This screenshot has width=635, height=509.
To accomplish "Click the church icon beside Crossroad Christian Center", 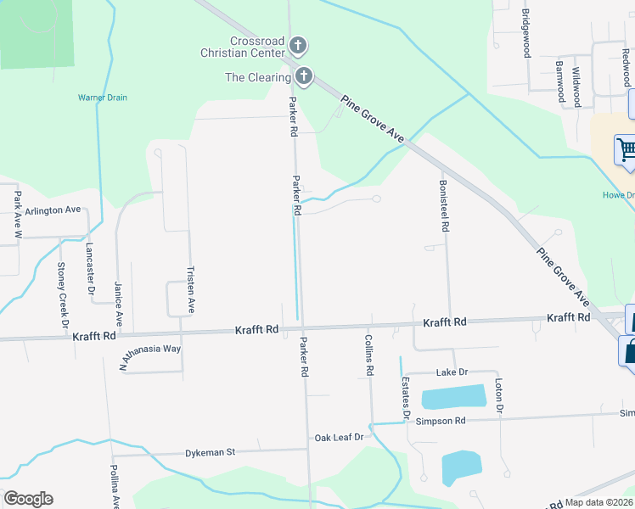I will tap(297, 45).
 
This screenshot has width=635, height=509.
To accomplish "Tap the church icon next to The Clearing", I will tap(304, 77).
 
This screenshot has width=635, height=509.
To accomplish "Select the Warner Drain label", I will tap(103, 98).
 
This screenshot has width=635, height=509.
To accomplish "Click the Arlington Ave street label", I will tap(53, 210).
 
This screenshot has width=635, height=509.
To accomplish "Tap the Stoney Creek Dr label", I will tap(62, 294).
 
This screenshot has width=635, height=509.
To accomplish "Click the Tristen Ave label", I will tap(191, 289).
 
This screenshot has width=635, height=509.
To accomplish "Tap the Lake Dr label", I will tap(452, 372).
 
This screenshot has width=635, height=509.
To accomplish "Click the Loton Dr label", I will tap(499, 396).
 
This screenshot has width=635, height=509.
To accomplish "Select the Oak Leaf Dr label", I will tap(339, 437).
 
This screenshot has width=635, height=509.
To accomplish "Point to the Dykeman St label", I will tap(211, 453).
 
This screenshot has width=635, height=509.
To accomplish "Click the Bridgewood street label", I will tap(526, 33).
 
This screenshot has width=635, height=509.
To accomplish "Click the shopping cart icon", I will tap(627, 151).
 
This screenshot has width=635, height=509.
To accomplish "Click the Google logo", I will tap(28, 498).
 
